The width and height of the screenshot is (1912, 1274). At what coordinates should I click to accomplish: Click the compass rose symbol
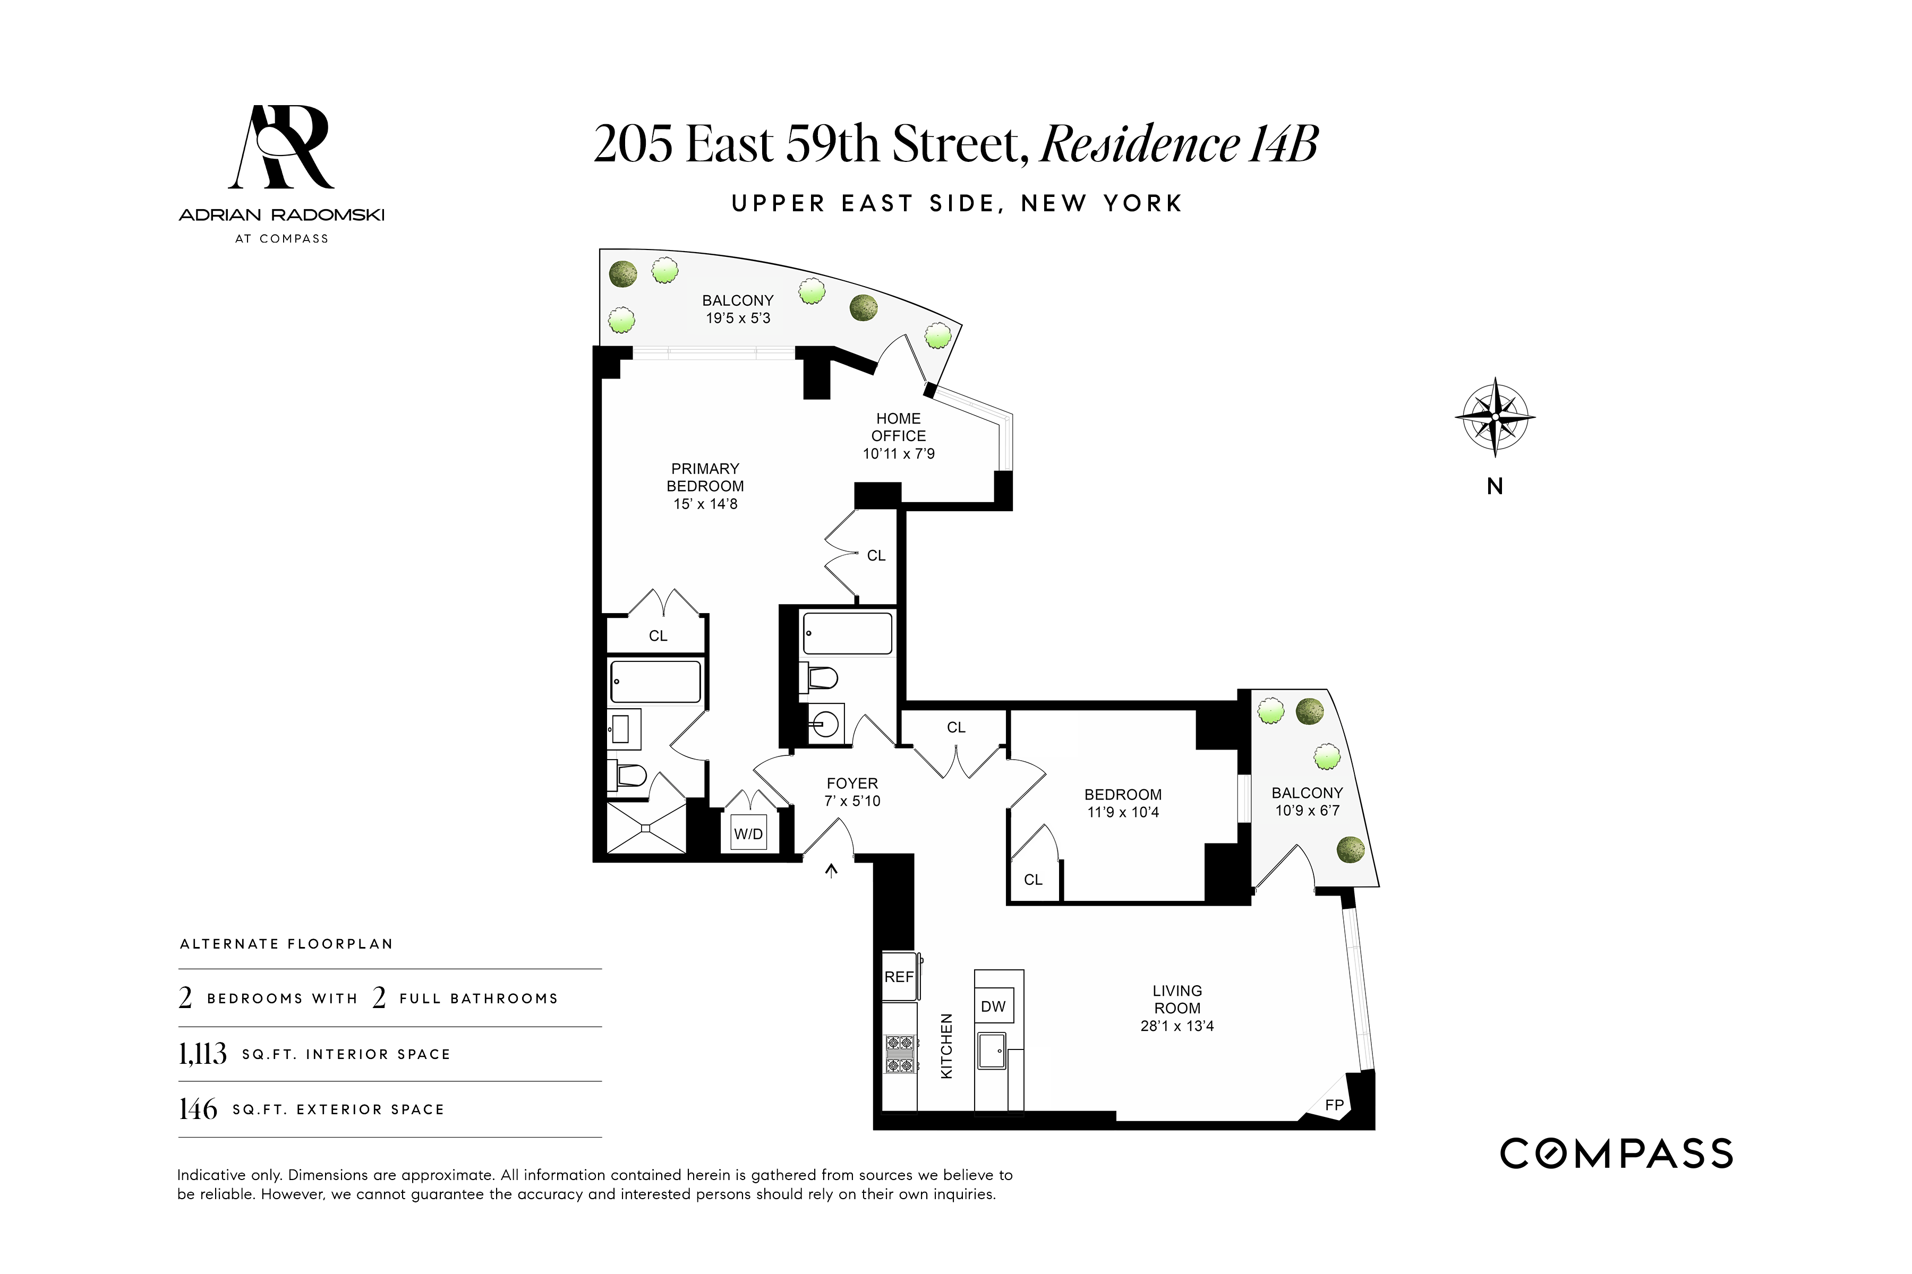[1494, 417]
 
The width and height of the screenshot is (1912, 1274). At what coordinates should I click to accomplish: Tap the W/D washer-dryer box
[748, 833]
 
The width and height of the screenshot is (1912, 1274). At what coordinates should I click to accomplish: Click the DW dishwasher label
[993, 1006]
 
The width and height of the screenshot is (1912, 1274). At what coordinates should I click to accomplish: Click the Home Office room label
[898, 427]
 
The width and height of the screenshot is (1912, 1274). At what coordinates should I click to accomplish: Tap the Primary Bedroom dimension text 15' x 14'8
[705, 504]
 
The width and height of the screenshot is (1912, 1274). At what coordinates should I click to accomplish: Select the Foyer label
[852, 784]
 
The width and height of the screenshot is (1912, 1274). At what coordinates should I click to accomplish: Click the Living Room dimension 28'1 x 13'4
[1176, 1026]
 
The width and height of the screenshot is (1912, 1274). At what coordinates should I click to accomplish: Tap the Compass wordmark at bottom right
[1616, 1154]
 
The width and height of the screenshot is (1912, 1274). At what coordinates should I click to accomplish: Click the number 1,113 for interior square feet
[202, 1054]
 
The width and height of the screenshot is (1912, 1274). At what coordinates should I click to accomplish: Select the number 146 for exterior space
[198, 1109]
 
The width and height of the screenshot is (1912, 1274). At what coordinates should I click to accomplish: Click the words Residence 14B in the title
[1179, 144]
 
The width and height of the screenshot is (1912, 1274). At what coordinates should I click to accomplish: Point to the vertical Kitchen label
[946, 1046]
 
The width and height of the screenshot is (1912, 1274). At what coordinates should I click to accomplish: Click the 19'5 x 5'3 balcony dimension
[737, 317]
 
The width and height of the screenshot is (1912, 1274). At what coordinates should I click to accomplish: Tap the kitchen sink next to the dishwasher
[992, 1050]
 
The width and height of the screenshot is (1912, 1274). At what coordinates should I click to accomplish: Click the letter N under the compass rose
[1494, 486]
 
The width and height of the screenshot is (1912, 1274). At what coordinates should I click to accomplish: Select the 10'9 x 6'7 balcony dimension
[1307, 810]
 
